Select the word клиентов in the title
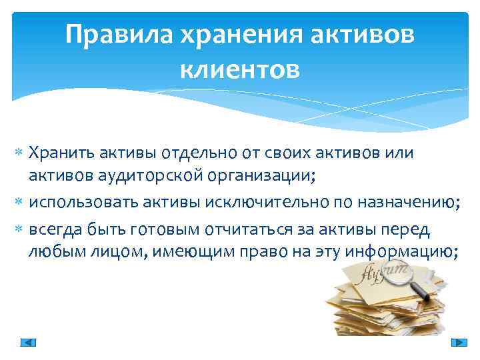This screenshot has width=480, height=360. click(240, 68)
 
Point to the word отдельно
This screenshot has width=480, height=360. click(196, 153)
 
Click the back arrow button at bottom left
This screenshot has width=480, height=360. click(28, 342)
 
